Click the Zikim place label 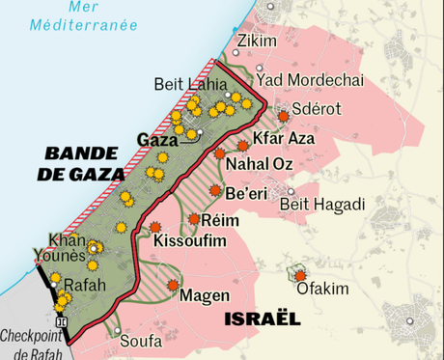pos(256,41)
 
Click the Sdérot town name pos(318,109)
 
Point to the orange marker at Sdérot pos(283,116)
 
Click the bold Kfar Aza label pos(286,140)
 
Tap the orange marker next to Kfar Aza pos(243,145)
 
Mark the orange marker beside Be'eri pos(216,190)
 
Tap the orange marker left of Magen pos(173,285)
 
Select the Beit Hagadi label pos(321,204)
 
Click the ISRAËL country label pos(261,318)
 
